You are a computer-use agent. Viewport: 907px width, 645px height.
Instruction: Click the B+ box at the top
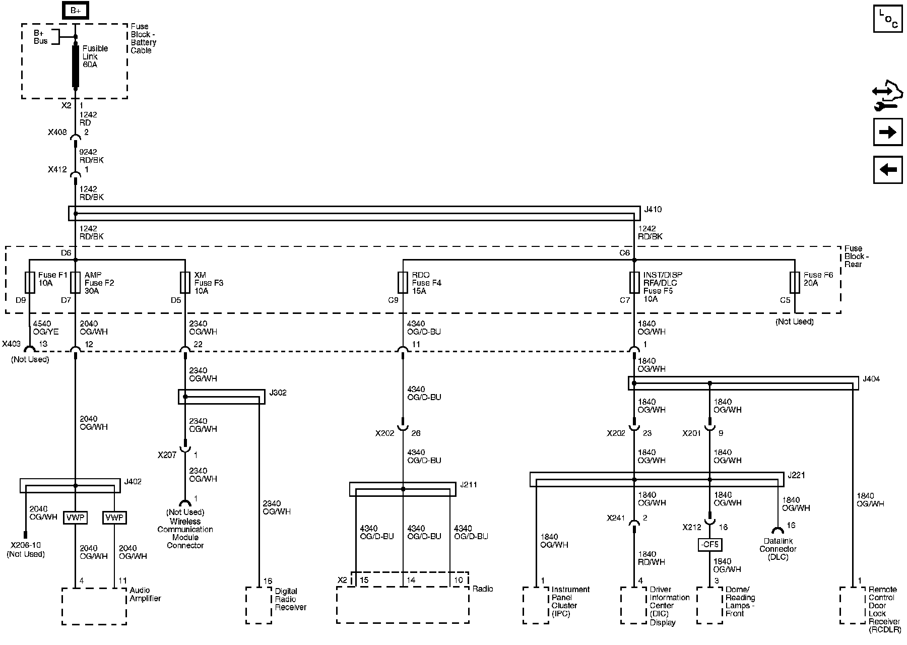[x=75, y=10]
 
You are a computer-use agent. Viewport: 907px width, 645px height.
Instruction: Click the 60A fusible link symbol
[x=76, y=66]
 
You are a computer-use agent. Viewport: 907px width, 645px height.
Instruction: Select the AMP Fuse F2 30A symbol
[x=75, y=283]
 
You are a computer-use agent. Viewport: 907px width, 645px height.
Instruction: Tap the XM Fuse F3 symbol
[x=185, y=283]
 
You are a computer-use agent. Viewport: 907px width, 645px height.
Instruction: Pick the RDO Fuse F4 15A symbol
[x=403, y=283]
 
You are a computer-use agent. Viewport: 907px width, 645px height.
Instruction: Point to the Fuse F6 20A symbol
[x=795, y=283]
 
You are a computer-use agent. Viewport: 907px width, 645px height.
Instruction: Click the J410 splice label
[x=653, y=209]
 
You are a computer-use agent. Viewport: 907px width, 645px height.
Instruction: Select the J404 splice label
[x=871, y=379]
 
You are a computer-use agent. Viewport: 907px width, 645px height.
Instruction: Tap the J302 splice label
[x=278, y=393]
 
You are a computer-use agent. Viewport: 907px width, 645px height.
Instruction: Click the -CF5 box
[x=709, y=545]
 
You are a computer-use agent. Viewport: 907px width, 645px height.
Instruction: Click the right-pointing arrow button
[x=888, y=133]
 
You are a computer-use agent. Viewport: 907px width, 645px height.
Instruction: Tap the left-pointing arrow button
[x=888, y=170]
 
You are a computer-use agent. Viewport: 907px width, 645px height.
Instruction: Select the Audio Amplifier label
[x=145, y=595]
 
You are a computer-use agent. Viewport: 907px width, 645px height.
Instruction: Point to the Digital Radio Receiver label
[x=290, y=599]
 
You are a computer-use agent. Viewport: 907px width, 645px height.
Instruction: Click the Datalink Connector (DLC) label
[x=778, y=549]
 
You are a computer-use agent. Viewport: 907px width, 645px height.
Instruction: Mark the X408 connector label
[x=57, y=133]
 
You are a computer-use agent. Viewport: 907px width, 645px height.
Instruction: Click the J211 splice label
[x=468, y=485]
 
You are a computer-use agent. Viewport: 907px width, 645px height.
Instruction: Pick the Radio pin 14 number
[x=411, y=580]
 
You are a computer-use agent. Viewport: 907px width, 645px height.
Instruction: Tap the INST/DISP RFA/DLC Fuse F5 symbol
[x=634, y=283]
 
